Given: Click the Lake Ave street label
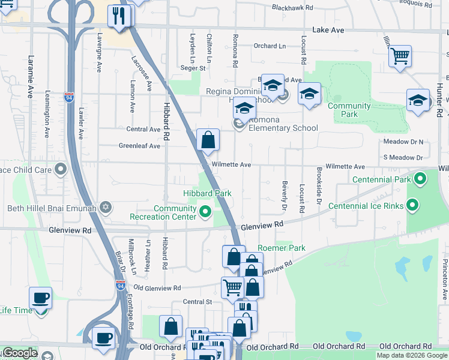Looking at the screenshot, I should coord(328,29).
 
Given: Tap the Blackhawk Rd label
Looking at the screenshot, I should coord(292,8).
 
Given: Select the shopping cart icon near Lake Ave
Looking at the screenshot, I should coord(399,57).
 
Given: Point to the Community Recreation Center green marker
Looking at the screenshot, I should coord(205,211).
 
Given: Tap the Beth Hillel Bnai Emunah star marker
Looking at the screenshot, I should coord(106,208).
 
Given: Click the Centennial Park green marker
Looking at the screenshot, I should coord(420,179).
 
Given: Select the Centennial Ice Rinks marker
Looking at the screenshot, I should coord(412,206).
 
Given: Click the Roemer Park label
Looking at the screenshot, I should coord(282,248).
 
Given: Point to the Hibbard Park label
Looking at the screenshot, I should coord(207,193).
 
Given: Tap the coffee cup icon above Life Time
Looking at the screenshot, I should coord(40,298).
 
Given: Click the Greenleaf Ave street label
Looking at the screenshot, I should coord(139,146).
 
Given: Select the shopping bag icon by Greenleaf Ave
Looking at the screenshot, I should coord(207,140).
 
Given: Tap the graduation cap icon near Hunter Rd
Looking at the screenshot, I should coord(418,100).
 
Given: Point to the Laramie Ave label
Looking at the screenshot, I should coord(30,77).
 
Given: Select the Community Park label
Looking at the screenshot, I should coord(349,110).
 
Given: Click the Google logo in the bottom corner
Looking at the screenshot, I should coord(19,353).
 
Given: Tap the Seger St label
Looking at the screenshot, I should coord(193,68).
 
